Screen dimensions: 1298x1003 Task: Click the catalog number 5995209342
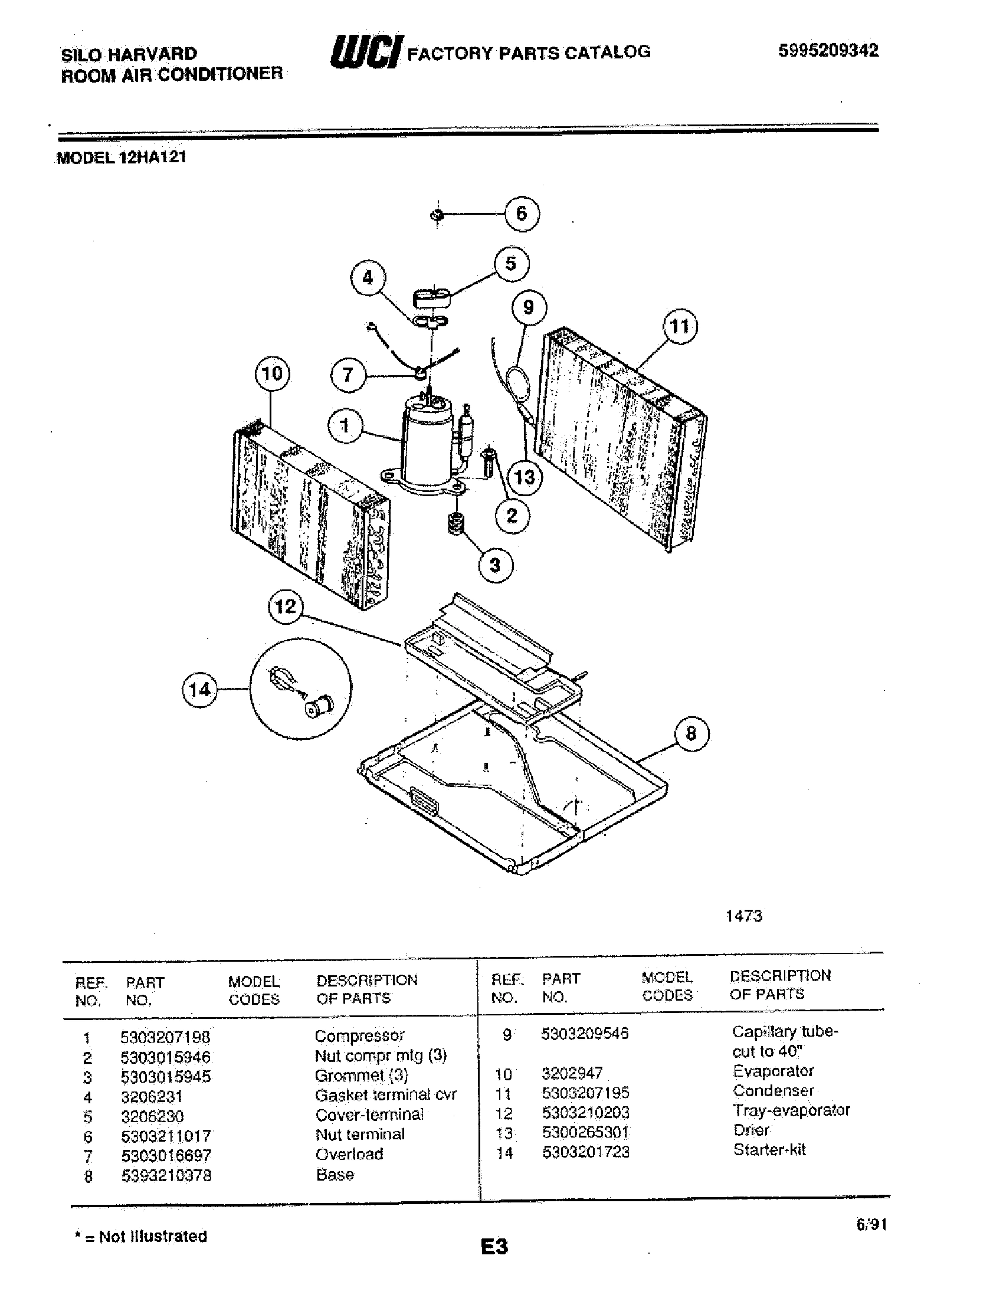828,51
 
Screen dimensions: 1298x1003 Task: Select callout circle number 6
522,214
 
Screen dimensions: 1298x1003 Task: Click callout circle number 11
680,326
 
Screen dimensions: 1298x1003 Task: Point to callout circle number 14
199,689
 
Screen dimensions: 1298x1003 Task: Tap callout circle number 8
691,733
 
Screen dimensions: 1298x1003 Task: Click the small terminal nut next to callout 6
437,215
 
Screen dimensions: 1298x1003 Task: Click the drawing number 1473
743,916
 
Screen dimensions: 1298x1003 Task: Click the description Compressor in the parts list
359,1036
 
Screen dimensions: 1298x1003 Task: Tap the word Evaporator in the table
772,1071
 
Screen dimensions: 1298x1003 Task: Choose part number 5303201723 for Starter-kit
585,1152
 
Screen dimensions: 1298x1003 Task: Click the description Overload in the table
349,1154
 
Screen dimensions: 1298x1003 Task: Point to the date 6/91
871,1224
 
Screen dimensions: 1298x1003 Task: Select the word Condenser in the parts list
772,1090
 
